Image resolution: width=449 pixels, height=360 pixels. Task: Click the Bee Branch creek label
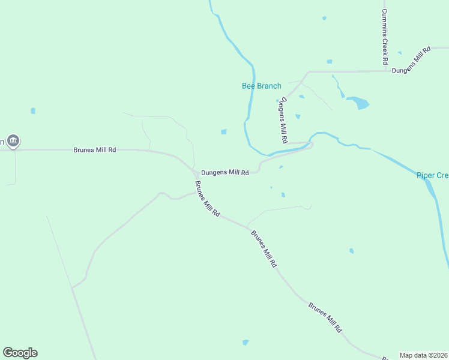click(261, 86)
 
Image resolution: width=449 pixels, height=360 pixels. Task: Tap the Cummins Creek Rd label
click(385, 37)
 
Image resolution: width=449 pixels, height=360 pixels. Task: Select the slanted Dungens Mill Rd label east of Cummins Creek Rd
click(412, 61)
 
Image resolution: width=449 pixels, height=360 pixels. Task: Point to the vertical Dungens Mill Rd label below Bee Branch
click(282, 120)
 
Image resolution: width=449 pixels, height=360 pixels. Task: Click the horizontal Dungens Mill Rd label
click(224, 173)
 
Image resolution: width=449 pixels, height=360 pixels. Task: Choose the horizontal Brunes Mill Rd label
click(94, 149)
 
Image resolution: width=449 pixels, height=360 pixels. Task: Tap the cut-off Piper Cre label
click(432, 175)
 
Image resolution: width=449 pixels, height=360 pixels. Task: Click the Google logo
click(20, 353)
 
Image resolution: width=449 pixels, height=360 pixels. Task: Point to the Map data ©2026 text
click(424, 355)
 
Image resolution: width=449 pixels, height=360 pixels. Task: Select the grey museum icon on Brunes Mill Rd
click(14, 142)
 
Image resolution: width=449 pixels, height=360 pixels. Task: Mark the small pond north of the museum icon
click(33, 111)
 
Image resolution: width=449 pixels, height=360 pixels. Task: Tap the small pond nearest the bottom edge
click(245, 342)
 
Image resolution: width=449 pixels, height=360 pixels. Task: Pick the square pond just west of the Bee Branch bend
click(224, 132)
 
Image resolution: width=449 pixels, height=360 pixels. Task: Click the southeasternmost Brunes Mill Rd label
click(325, 317)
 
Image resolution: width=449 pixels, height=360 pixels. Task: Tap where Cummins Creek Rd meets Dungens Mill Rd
click(385, 71)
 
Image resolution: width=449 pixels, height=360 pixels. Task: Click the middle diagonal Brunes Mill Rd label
click(264, 248)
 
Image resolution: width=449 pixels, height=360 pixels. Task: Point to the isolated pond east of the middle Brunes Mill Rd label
click(351, 251)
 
